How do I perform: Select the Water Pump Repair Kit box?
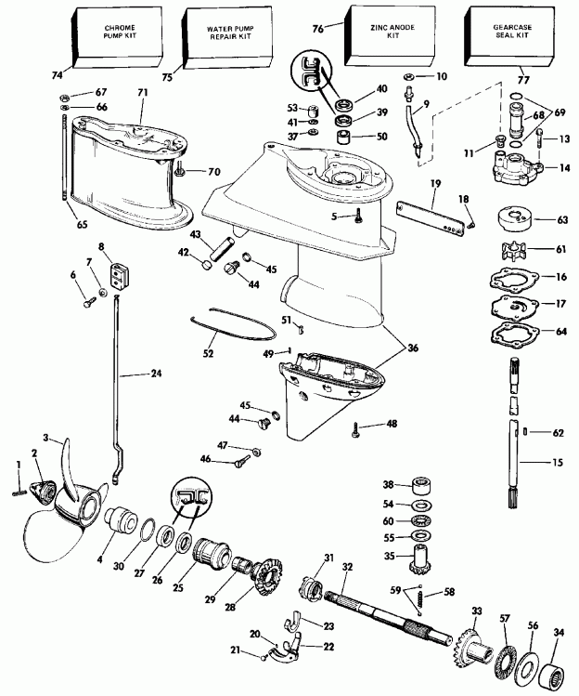[220, 37]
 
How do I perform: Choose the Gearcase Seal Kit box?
[501, 37]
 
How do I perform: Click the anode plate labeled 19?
[430, 217]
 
